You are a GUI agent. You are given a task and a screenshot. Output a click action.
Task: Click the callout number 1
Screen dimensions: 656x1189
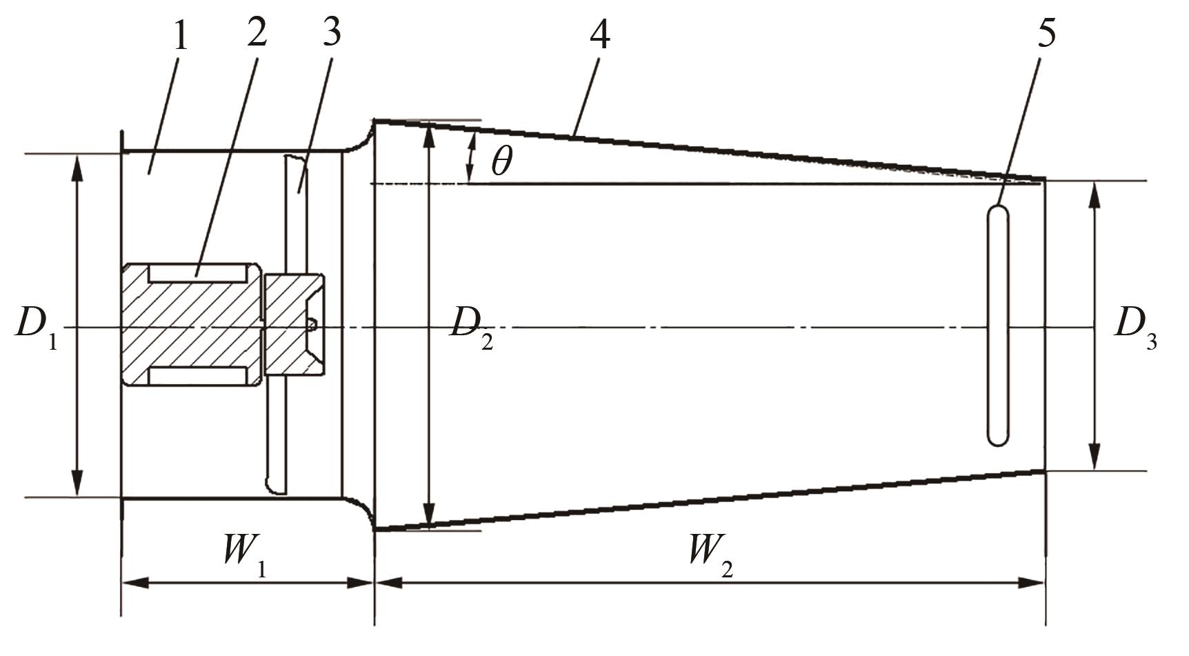179,36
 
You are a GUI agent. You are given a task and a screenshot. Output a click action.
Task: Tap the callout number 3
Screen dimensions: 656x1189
332,31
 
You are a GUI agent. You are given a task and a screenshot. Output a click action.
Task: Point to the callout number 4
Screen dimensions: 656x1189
599,34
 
